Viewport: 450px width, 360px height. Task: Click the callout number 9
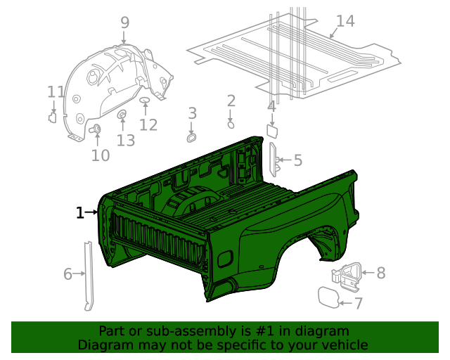coord(124,22)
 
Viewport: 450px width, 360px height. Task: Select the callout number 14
coord(345,21)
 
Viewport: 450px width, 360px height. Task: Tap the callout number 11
coord(56,91)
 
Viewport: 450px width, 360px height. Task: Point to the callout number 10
coord(101,155)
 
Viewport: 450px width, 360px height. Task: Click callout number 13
coord(125,141)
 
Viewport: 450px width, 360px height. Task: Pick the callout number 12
coord(148,125)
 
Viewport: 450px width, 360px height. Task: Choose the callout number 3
coord(192,112)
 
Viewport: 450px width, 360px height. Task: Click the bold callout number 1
coord(80,212)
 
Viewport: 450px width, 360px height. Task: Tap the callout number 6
coord(68,274)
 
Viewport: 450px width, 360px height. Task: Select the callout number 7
coord(358,304)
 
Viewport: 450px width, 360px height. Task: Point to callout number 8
coord(381,273)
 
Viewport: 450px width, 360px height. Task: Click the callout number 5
coord(297,161)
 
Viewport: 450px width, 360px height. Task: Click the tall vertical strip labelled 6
coord(89,274)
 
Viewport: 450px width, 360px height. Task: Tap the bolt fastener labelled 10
coord(96,128)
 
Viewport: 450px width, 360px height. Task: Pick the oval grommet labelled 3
coord(191,134)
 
